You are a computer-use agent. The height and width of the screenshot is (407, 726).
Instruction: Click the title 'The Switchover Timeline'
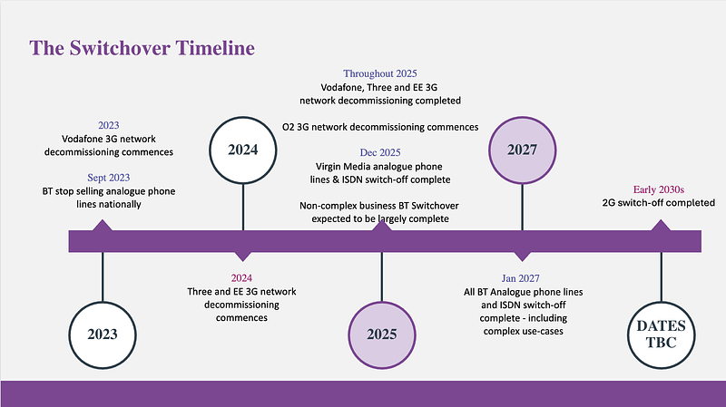tap(142, 48)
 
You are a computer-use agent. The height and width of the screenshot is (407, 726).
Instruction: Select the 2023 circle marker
tap(103, 333)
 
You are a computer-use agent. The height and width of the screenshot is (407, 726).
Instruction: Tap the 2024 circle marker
tap(242, 150)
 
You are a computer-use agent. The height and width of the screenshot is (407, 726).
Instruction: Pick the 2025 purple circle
tap(382, 333)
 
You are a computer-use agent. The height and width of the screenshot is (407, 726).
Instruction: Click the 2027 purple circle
tap(522, 150)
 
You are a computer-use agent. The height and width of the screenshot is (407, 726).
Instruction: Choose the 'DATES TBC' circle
tap(661, 333)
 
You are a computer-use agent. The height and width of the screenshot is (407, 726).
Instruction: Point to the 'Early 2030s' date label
tap(633, 189)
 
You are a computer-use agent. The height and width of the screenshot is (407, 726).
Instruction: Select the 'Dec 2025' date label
tap(379, 152)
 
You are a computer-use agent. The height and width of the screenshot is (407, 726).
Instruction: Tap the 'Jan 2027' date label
tap(521, 278)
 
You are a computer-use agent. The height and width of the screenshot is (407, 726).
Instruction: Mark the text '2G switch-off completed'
tap(659, 202)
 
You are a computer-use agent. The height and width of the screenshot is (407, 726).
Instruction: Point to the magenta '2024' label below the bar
tap(242, 278)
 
